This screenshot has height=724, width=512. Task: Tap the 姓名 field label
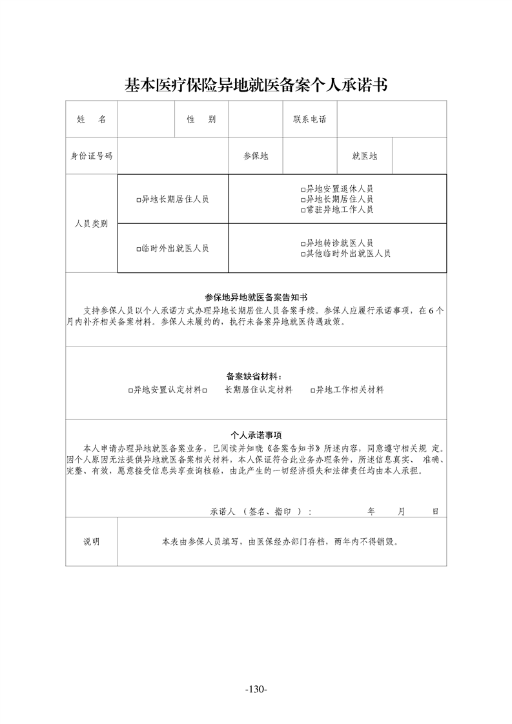(91, 119)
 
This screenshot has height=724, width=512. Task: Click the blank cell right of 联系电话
(391, 119)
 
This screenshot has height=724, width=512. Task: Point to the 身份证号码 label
(91, 156)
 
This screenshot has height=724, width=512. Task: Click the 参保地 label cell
(256, 156)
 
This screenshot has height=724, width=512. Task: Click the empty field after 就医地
(419, 156)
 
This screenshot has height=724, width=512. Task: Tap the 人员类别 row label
(91, 224)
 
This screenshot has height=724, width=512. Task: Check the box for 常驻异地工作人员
(303, 210)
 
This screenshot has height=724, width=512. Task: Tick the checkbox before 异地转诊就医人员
(303, 244)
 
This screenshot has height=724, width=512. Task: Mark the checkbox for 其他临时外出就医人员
(303, 254)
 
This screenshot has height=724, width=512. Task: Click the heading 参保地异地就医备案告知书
(256, 297)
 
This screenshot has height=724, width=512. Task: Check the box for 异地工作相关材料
(312, 390)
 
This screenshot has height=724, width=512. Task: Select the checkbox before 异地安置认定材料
(130, 390)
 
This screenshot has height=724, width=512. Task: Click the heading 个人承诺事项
(256, 435)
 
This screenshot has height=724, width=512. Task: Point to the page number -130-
(256, 689)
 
